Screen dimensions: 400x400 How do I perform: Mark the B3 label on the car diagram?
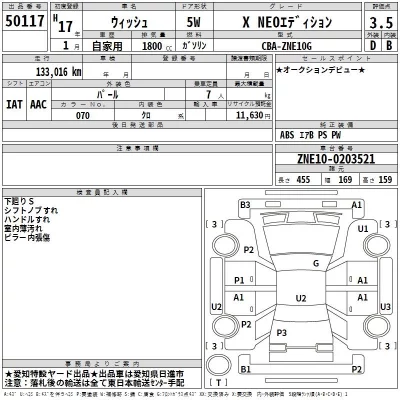coord(244,205)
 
